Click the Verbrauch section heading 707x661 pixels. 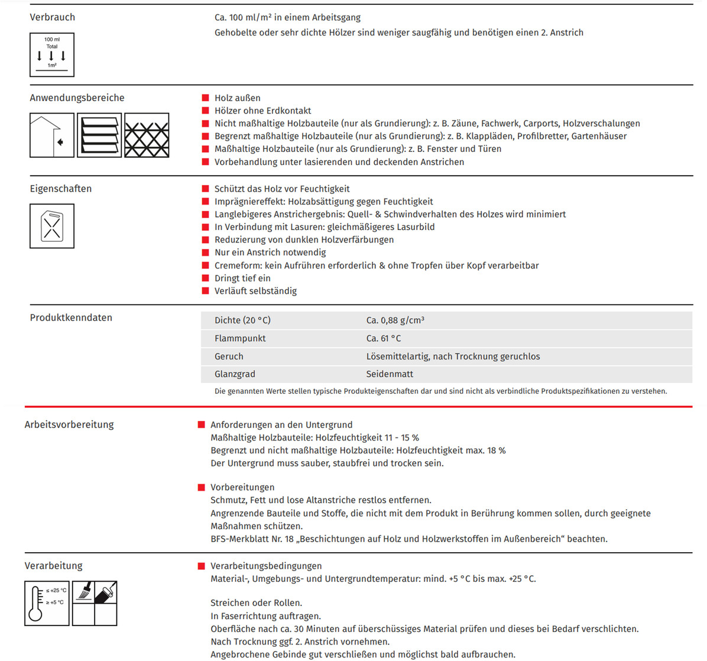(x=53, y=17)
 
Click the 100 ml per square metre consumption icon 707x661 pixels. (x=52, y=55)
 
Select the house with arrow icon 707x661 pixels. (x=52, y=135)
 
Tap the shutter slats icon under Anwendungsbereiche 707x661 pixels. (x=99, y=135)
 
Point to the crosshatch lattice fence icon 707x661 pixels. (x=147, y=135)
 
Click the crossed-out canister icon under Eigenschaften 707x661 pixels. (x=52, y=226)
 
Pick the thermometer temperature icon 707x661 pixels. (x=47, y=603)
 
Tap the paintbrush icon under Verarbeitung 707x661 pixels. (x=83, y=592)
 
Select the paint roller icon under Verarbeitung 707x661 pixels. (x=106, y=592)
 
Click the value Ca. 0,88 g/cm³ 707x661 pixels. (x=395, y=320)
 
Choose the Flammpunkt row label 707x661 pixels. (x=240, y=338)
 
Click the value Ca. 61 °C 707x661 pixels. (x=383, y=338)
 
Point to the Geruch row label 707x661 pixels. (x=229, y=357)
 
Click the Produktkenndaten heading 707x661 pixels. (x=71, y=317)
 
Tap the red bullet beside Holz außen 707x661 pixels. (x=206, y=98)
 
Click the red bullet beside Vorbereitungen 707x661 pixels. (x=202, y=487)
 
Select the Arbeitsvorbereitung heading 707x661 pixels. (x=69, y=425)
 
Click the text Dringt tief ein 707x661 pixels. (x=242, y=278)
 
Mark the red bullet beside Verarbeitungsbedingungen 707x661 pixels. (x=202, y=566)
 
